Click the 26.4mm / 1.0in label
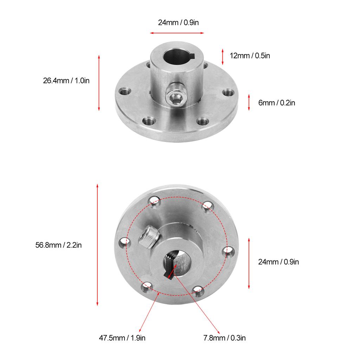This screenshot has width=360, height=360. (66, 81)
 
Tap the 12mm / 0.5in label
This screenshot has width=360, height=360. (250, 56)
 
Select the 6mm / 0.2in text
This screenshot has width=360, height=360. (277, 103)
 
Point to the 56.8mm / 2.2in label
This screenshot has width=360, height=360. (58, 245)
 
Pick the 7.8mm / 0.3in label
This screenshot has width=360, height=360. (224, 338)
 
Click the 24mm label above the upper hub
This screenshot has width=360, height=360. (180, 23)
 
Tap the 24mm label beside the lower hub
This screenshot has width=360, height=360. (278, 262)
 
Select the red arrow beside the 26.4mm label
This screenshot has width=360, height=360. (99, 82)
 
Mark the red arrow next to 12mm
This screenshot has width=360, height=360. (223, 56)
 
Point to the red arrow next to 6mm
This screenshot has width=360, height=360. (249, 102)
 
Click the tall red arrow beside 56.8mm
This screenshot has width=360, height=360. (97, 244)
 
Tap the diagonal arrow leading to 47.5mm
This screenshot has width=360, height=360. (149, 311)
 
